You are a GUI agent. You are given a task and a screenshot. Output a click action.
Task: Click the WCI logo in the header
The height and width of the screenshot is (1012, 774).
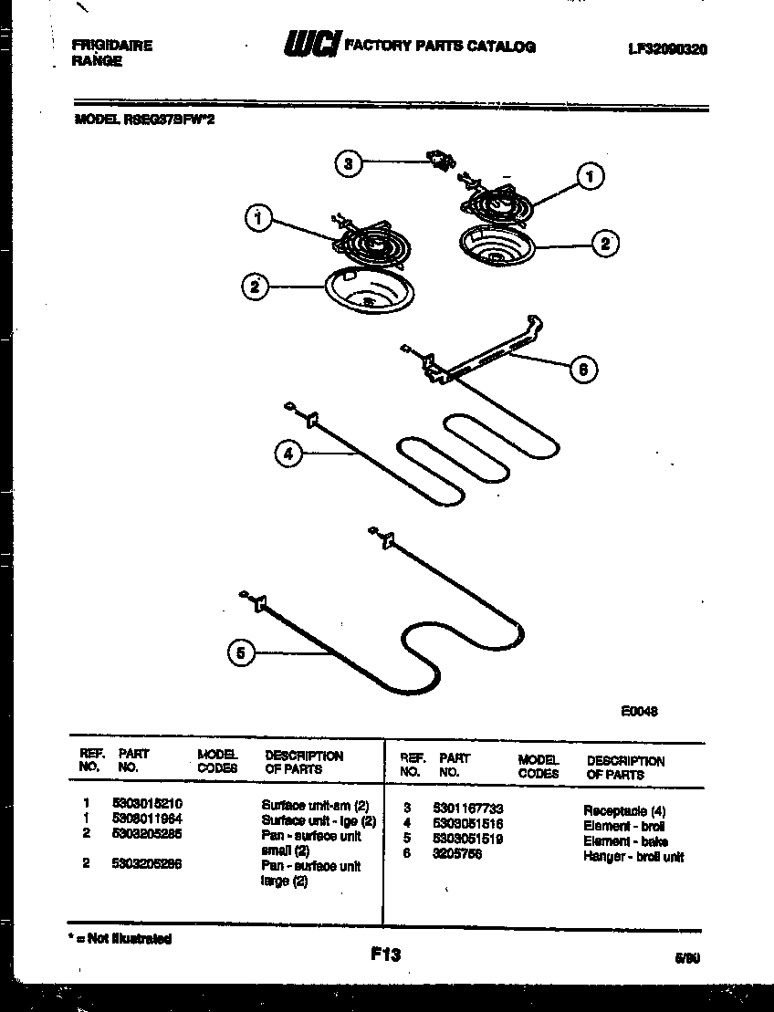click(x=311, y=46)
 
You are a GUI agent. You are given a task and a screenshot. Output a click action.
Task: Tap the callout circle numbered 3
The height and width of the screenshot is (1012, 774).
click(x=347, y=164)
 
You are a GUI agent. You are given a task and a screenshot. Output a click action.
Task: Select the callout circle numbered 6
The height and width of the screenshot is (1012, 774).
click(x=581, y=369)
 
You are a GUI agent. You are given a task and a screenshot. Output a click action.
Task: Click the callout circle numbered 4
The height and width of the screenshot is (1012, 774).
click(x=288, y=454)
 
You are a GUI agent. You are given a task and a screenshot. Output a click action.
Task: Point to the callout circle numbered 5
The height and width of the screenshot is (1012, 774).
click(x=240, y=652)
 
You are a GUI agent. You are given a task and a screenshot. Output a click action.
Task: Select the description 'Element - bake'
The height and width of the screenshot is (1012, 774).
click(x=625, y=841)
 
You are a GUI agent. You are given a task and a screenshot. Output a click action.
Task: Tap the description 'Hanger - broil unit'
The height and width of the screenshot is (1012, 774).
click(x=633, y=857)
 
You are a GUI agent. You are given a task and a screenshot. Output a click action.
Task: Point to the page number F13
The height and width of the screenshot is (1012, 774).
click(x=385, y=955)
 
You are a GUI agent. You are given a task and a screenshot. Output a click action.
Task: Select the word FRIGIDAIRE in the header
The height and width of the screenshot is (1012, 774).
click(x=112, y=46)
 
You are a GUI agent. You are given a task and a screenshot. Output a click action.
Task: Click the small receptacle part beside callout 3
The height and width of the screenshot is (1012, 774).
click(x=442, y=162)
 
